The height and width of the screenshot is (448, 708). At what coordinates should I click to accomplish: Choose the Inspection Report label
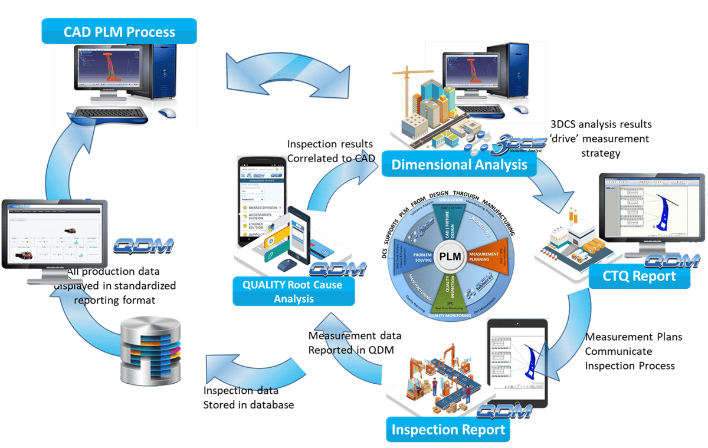[449, 429]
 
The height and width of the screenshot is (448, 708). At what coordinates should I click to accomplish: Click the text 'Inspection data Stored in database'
[248, 397]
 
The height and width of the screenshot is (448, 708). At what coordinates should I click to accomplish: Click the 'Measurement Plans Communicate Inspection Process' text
[634, 351]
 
